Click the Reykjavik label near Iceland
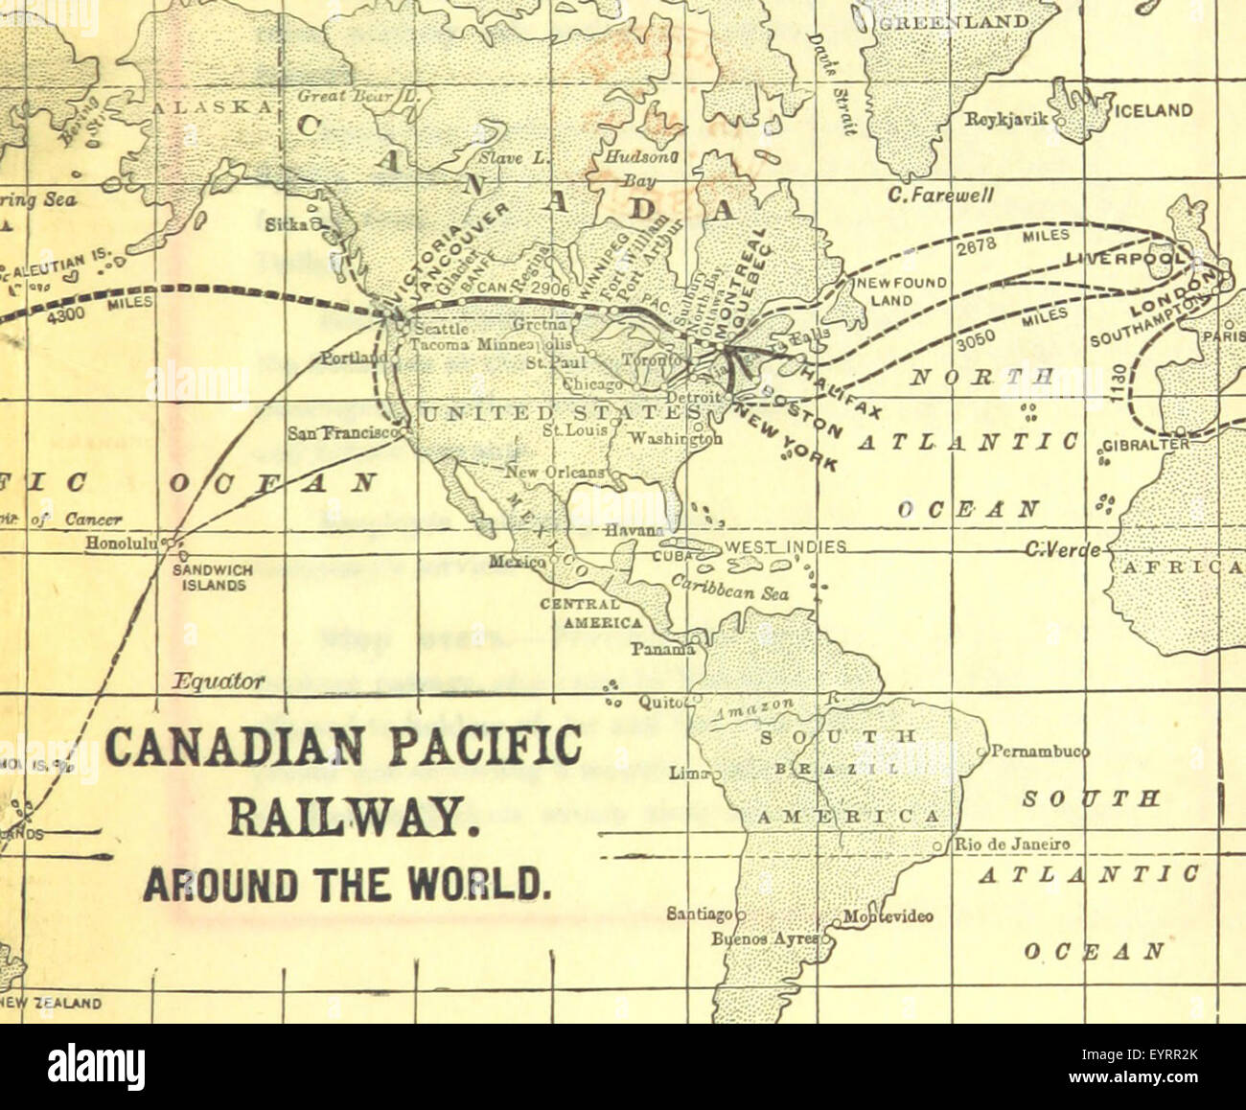[x=1007, y=120]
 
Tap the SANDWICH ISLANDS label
[x=213, y=576]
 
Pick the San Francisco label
[x=342, y=432]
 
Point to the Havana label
[x=634, y=529]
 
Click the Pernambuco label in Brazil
[x=1027, y=751]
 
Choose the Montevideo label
[x=888, y=916]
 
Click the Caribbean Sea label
[x=730, y=588]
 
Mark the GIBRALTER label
[x=1146, y=445]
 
